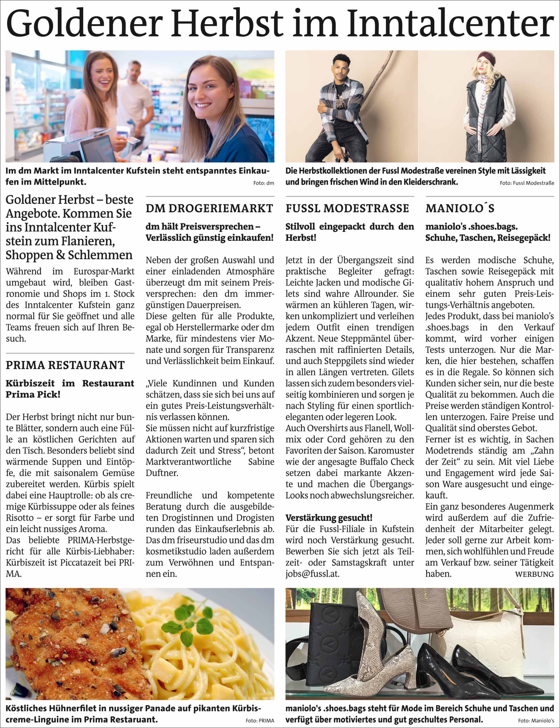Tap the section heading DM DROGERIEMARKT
(209, 208)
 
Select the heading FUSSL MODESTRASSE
(347, 208)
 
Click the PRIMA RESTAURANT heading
(65, 365)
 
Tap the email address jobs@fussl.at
(312, 574)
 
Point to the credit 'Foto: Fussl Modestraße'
(527, 183)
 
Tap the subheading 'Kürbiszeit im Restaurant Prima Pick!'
(70, 389)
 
